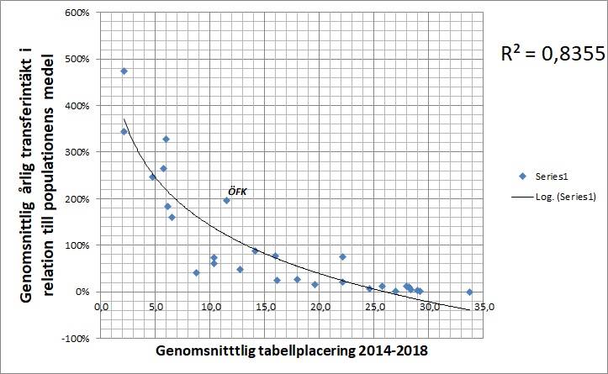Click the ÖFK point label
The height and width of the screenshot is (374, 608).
[x=235, y=192]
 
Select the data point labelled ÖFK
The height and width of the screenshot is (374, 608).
[x=226, y=201]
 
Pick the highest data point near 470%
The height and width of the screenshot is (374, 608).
[x=124, y=71]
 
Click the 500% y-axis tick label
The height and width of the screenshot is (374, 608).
[x=81, y=59]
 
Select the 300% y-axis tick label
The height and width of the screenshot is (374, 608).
[x=81, y=152]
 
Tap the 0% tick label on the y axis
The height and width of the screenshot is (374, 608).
[x=85, y=292]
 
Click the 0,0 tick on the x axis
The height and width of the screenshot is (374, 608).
[x=101, y=307]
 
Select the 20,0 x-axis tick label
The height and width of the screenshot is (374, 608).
[x=320, y=307]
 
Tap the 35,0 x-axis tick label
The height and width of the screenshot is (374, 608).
[x=485, y=307]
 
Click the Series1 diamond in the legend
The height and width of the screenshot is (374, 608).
[x=522, y=176]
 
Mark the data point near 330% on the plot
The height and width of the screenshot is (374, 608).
[x=166, y=140]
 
